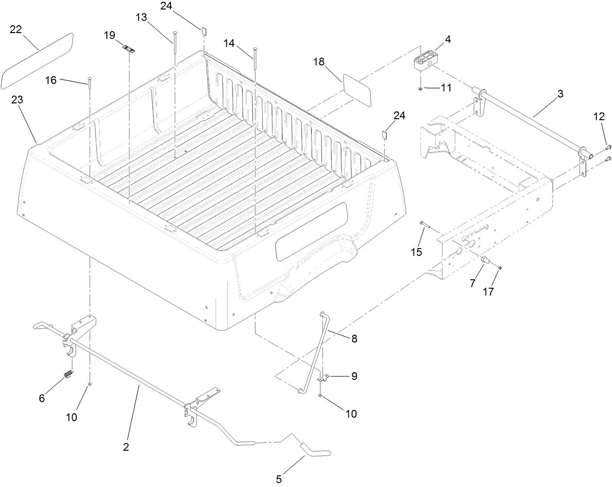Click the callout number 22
16,30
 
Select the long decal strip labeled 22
37,61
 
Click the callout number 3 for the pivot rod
560,94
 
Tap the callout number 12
599,116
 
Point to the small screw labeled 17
500,267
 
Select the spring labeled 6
69,374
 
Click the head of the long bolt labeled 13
175,33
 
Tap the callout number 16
51,80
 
